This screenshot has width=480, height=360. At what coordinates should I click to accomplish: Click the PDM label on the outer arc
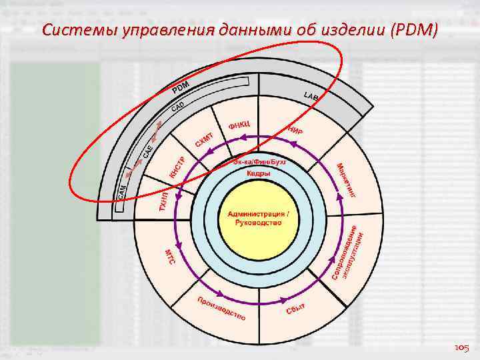[181, 87]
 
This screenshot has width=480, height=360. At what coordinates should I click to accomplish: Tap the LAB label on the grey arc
[311, 97]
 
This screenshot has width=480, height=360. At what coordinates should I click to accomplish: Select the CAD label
[178, 107]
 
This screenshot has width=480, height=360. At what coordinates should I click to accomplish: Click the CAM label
[122, 192]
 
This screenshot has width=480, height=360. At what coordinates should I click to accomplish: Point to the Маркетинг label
[346, 180]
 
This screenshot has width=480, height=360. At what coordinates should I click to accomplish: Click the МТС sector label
[169, 257]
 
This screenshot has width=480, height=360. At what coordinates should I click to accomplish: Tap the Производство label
[221, 308]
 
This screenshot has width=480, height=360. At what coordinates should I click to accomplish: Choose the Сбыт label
[295, 308]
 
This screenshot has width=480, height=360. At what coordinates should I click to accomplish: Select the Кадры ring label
[259, 173]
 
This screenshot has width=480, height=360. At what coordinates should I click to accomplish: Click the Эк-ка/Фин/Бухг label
[259, 162]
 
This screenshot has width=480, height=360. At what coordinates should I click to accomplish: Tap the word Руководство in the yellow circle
[259, 223]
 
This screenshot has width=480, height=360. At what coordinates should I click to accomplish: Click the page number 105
[461, 347]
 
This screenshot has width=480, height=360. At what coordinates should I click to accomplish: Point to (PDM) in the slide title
[414, 30]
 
